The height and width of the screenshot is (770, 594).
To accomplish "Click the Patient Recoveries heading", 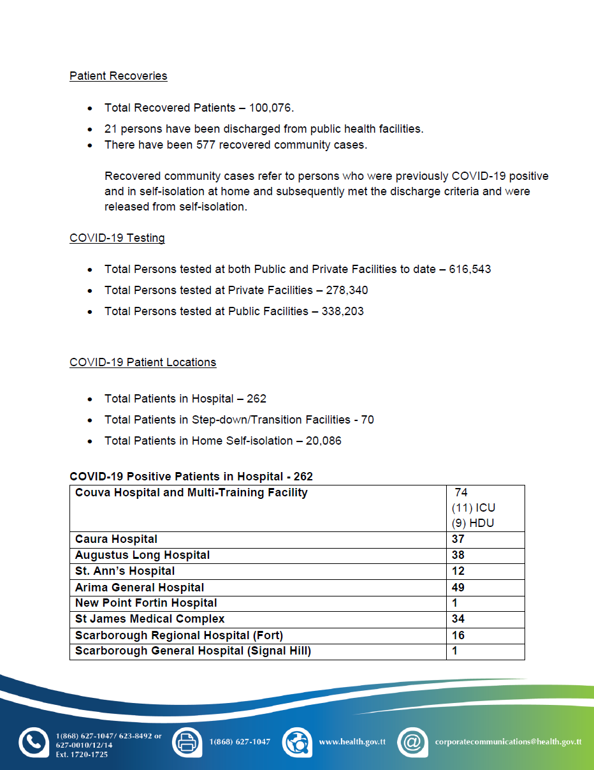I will [119, 76].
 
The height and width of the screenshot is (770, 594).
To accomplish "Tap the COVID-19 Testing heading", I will [117, 238].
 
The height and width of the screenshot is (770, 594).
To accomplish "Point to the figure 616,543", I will [470, 269].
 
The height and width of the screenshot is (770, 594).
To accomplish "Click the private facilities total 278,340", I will [346, 290].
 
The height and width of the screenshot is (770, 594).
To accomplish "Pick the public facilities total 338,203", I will [342, 311].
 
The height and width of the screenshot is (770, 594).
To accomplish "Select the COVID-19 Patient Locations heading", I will [143, 362].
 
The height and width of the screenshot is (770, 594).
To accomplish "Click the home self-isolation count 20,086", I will [320, 441].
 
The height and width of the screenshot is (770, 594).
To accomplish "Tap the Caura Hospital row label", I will [116, 540].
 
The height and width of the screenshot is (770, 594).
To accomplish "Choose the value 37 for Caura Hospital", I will [458, 540].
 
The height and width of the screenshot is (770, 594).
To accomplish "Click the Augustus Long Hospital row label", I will [142, 556].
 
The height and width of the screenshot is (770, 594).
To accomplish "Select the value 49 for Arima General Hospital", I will [458, 588].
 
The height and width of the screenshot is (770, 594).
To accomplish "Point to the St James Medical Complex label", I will [150, 619].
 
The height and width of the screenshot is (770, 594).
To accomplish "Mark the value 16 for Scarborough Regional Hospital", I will [458, 635].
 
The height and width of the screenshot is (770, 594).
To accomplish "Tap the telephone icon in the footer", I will [33, 742].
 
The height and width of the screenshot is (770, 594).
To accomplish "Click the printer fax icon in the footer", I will [186, 742].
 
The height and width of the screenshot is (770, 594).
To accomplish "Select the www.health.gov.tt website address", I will [352, 742].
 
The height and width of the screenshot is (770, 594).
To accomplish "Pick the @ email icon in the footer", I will [412, 742].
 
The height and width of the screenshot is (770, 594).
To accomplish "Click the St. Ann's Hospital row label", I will [125, 572].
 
